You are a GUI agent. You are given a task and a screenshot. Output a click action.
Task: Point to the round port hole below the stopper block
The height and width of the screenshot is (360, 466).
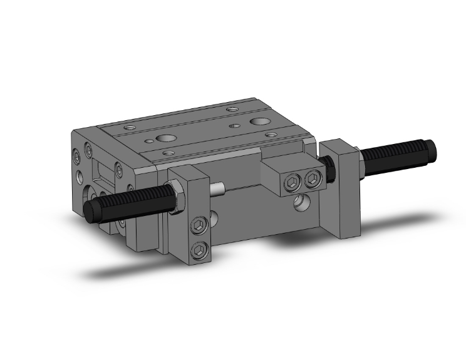pyautogui.click(x=301, y=202)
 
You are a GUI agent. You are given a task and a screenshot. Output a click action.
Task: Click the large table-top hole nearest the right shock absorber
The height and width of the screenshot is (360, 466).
pyautogui.click(x=259, y=121)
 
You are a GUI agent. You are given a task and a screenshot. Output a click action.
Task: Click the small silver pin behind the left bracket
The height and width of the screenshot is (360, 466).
pyautogui.click(x=218, y=188)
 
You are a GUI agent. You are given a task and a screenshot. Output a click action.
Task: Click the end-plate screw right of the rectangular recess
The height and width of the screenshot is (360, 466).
pyautogui.click(x=120, y=170)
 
